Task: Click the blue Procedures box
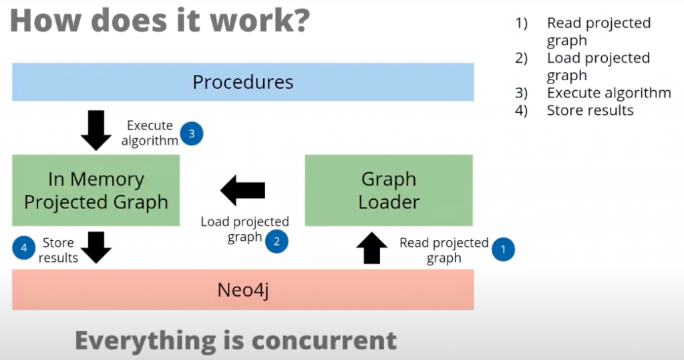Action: click(x=242, y=82)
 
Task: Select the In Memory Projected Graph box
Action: click(x=96, y=190)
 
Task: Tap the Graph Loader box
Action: click(x=389, y=190)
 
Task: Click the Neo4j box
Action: click(x=242, y=290)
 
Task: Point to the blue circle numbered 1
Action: click(x=503, y=250)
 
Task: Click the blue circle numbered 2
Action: click(x=276, y=240)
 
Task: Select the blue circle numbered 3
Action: click(x=192, y=134)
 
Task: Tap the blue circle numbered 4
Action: click(x=24, y=248)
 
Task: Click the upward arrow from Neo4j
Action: click(x=372, y=248)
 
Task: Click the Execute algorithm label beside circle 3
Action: click(x=150, y=133)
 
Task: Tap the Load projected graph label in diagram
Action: click(x=245, y=229)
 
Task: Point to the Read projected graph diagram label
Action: click(x=444, y=250)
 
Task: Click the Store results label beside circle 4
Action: click(x=58, y=250)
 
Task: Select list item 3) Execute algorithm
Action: click(x=608, y=93)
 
